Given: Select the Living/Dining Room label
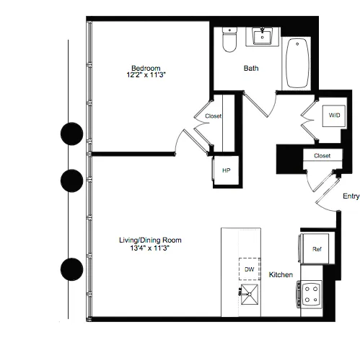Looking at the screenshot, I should click(x=150, y=240).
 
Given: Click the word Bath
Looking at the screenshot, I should click(x=250, y=69).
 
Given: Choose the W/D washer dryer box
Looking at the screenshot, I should click(x=335, y=116).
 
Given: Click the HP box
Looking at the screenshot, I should click(x=226, y=170).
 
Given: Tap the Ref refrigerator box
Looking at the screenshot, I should click(x=316, y=249).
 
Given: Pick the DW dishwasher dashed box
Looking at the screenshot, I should click(x=250, y=269).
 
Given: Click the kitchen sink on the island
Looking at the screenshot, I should click(x=250, y=293).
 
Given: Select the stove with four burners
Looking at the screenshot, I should click(x=312, y=292).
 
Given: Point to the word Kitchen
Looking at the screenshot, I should click(x=281, y=275).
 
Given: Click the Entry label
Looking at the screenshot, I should click(x=351, y=196).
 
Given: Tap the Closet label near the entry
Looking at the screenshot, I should click(x=322, y=155).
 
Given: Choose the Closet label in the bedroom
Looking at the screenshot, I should click(x=214, y=116).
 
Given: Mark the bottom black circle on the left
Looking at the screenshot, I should click(x=71, y=269).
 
